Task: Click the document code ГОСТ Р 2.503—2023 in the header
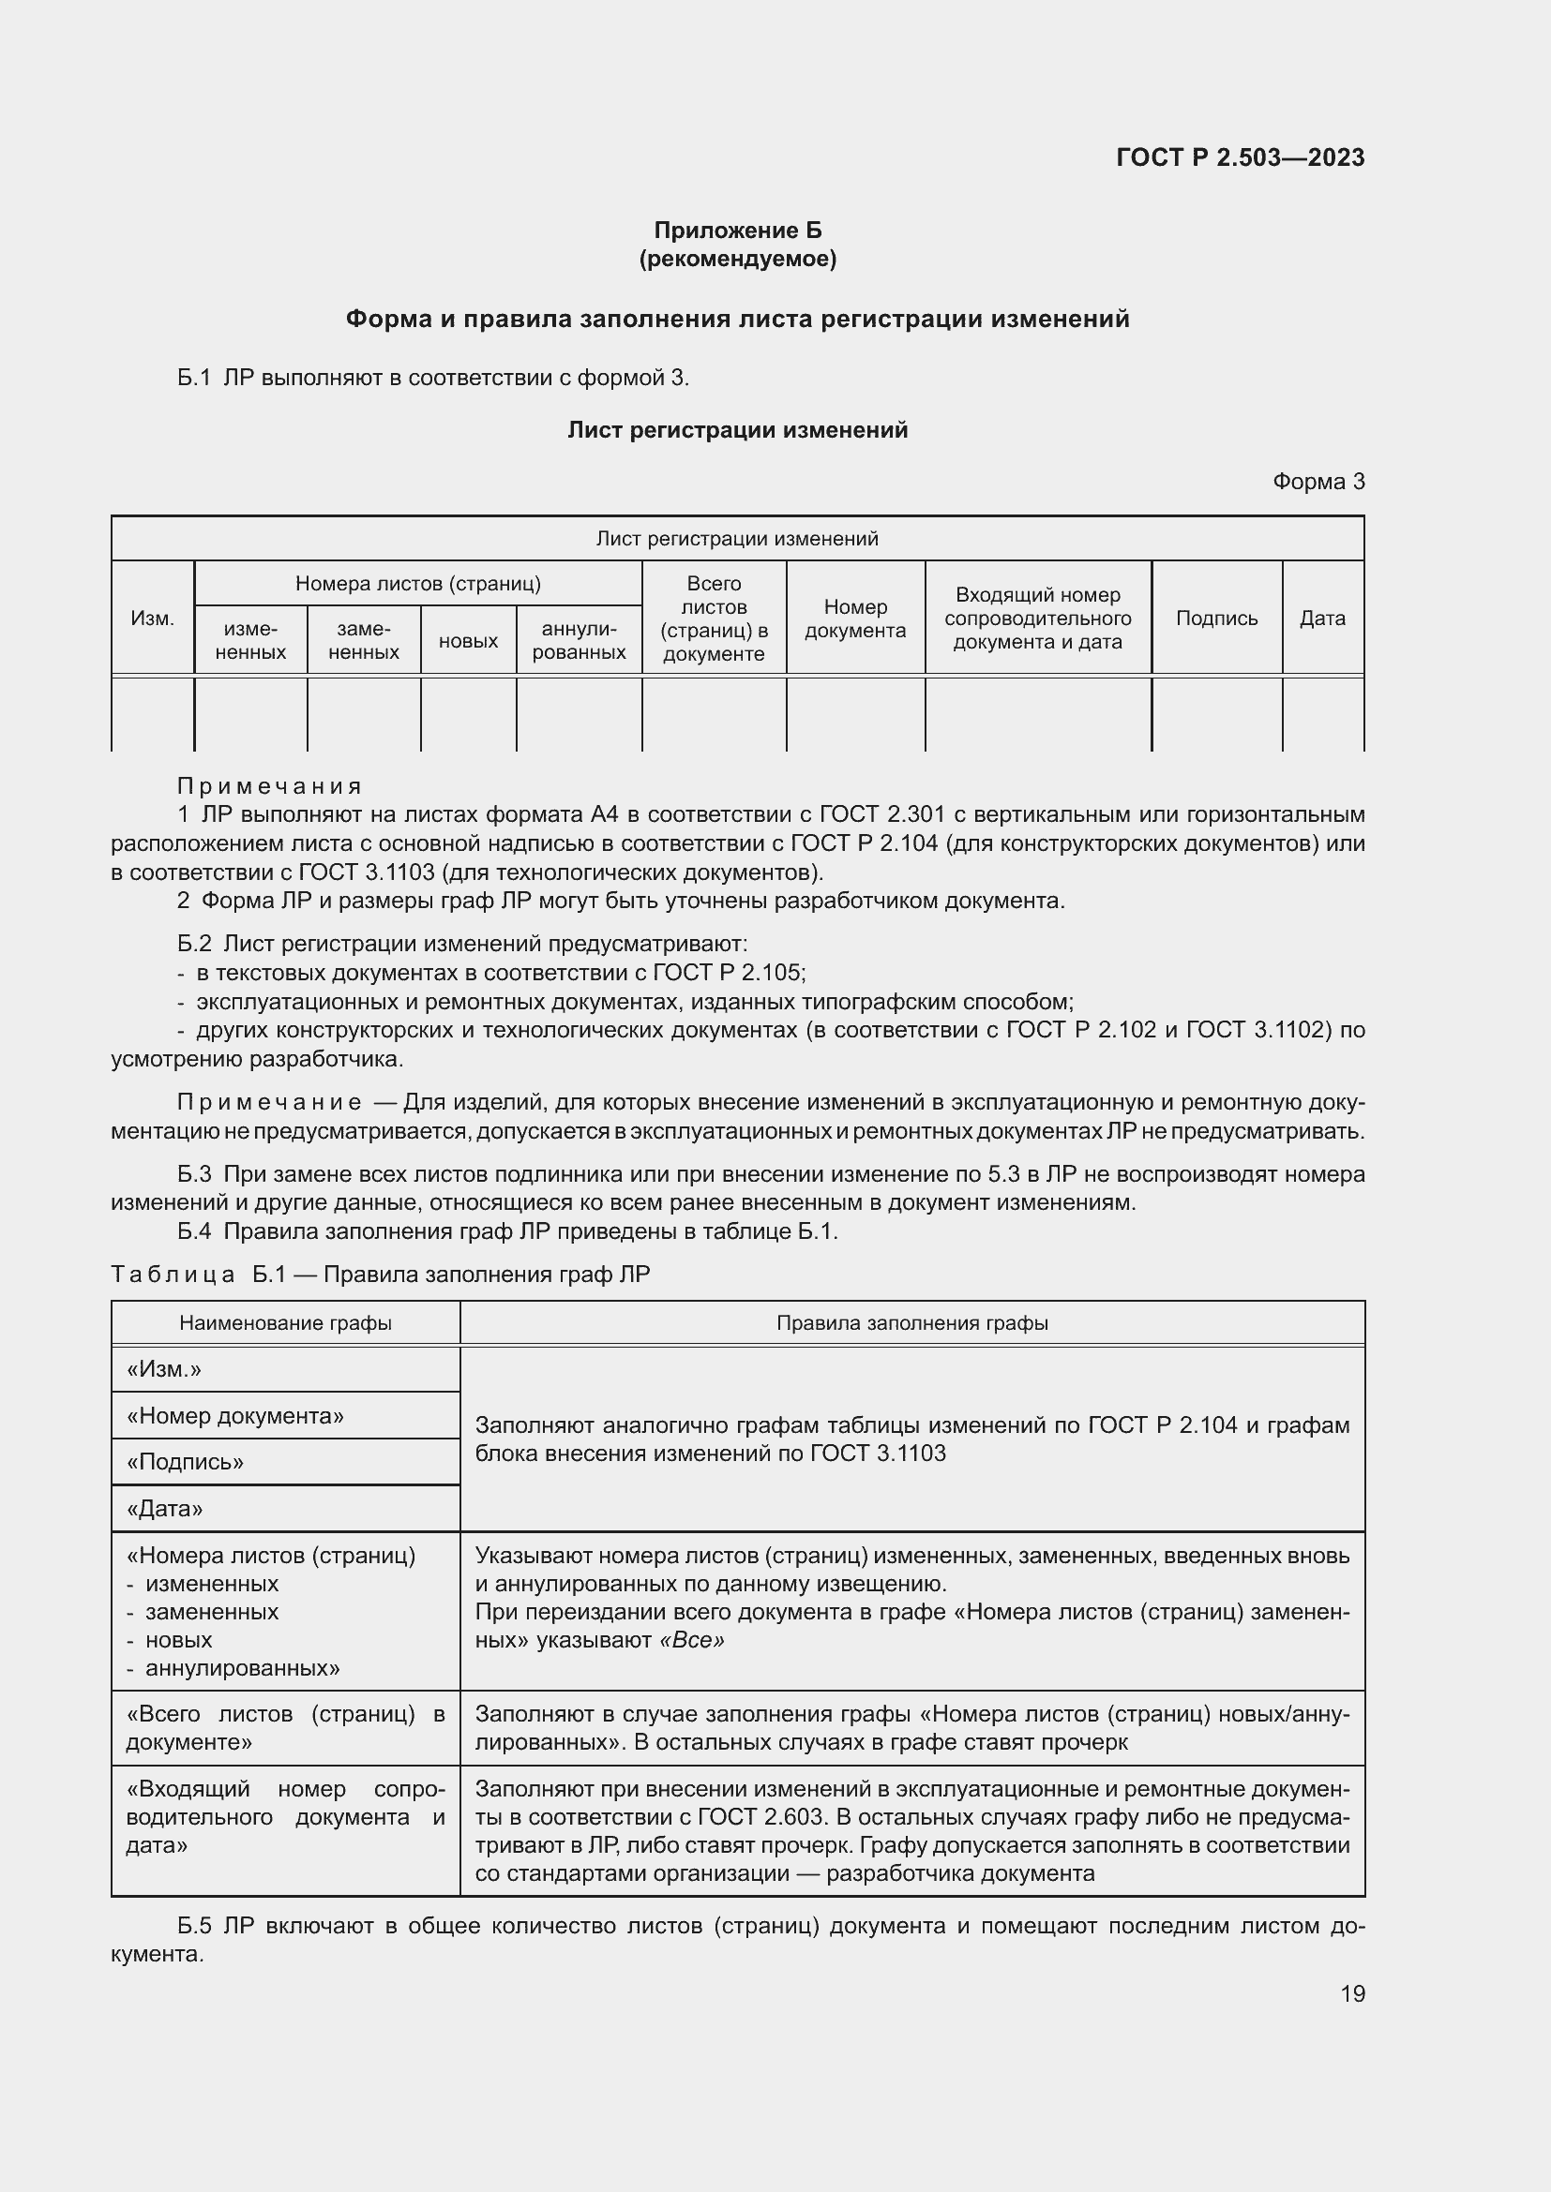pos(1240,157)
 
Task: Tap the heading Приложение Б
pos(737,231)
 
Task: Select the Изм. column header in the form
pos(153,618)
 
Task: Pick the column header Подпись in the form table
pos(1216,618)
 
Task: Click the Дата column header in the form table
pos(1322,618)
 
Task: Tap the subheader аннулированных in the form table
pos(579,641)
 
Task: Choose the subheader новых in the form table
pos(468,641)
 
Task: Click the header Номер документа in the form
pos(855,618)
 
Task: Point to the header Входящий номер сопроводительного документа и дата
pos(1037,618)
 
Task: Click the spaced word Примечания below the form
pos(269,785)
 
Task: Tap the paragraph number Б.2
pos(194,944)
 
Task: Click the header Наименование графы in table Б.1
pos(286,1322)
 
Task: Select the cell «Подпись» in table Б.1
pos(186,1462)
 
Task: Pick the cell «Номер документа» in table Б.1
pos(235,1415)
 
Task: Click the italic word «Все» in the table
pos(691,1639)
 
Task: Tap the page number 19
pos(1352,1993)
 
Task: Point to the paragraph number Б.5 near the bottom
pos(194,1926)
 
